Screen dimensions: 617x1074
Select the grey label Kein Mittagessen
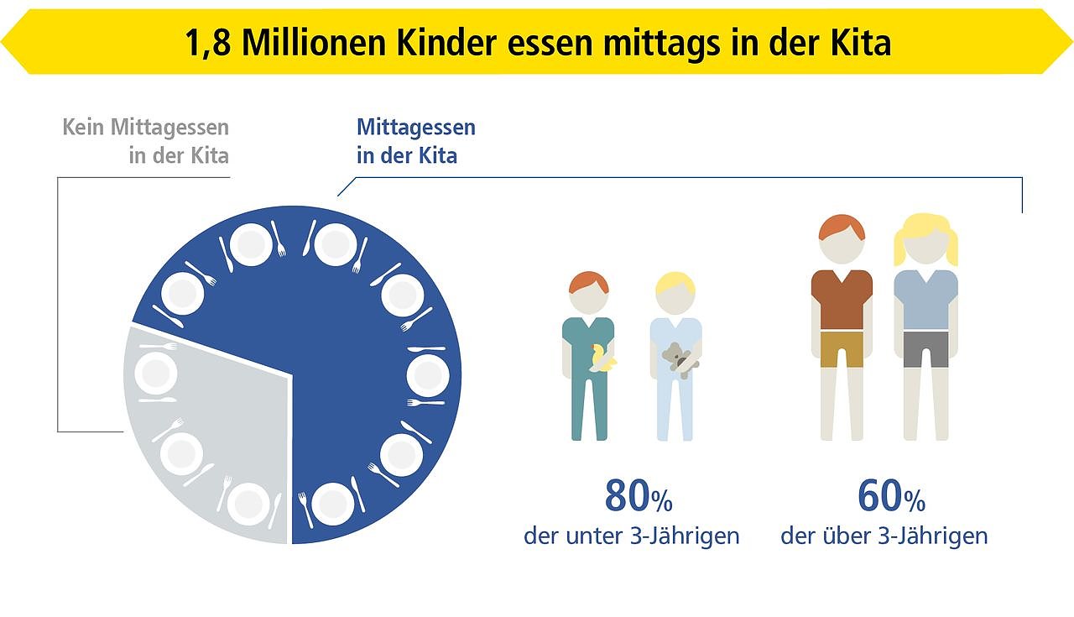coord(145,128)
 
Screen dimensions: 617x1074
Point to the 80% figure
coord(638,498)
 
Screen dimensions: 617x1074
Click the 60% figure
coord(891,498)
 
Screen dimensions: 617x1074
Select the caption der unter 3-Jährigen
coord(631,536)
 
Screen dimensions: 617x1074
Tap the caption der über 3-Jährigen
coord(884,536)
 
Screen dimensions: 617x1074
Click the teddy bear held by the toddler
coord(678,359)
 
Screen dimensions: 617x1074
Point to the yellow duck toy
coord(602,359)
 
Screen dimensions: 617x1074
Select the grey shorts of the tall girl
coord(925,348)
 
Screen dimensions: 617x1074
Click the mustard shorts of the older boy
coord(842,348)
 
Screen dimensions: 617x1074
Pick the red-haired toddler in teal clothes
coord(589,361)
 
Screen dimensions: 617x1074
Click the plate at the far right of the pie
coord(427,375)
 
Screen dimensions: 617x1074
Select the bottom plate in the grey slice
coord(249,504)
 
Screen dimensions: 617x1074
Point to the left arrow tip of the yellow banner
coord(7,42)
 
